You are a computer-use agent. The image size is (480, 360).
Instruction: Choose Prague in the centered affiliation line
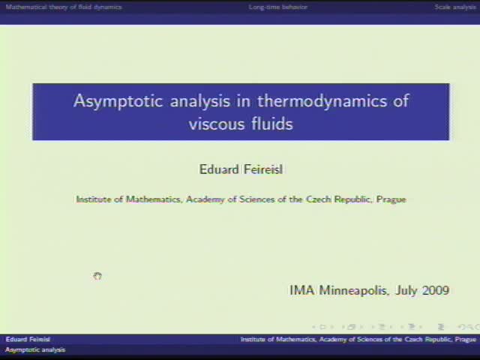coord(390,199)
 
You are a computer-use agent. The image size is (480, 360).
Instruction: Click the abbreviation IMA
coord(302,290)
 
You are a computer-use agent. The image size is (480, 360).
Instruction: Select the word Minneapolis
coord(354,290)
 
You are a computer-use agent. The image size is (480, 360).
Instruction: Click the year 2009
coord(436,290)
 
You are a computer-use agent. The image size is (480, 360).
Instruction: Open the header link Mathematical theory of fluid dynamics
coord(64,7)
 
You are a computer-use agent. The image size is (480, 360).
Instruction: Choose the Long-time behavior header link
coord(278,7)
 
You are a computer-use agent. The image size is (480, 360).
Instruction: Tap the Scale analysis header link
coord(454,7)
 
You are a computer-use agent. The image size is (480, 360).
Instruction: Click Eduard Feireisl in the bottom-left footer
coord(28,340)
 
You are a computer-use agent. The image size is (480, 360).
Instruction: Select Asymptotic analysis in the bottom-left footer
coord(35,349)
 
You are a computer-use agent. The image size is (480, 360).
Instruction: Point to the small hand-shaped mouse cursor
coord(97,277)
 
